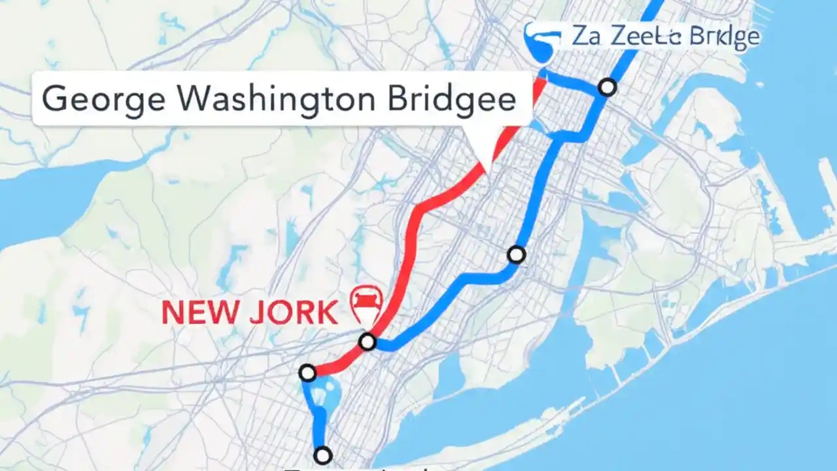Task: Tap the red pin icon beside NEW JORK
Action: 366,303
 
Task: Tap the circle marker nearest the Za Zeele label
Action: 608,87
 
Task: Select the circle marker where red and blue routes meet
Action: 367,341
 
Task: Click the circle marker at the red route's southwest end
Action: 307,374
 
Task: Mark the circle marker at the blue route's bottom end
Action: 322,455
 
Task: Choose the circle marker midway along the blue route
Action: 517,254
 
